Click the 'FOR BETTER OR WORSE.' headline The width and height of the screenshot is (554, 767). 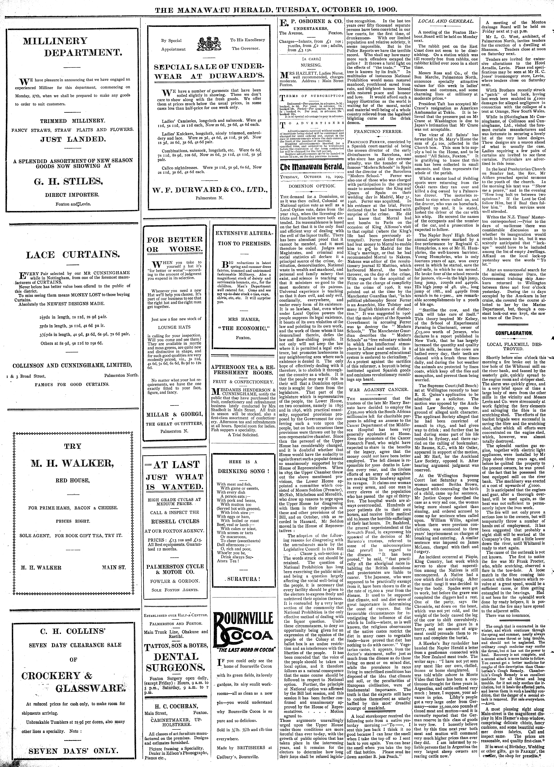tap(175, 244)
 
